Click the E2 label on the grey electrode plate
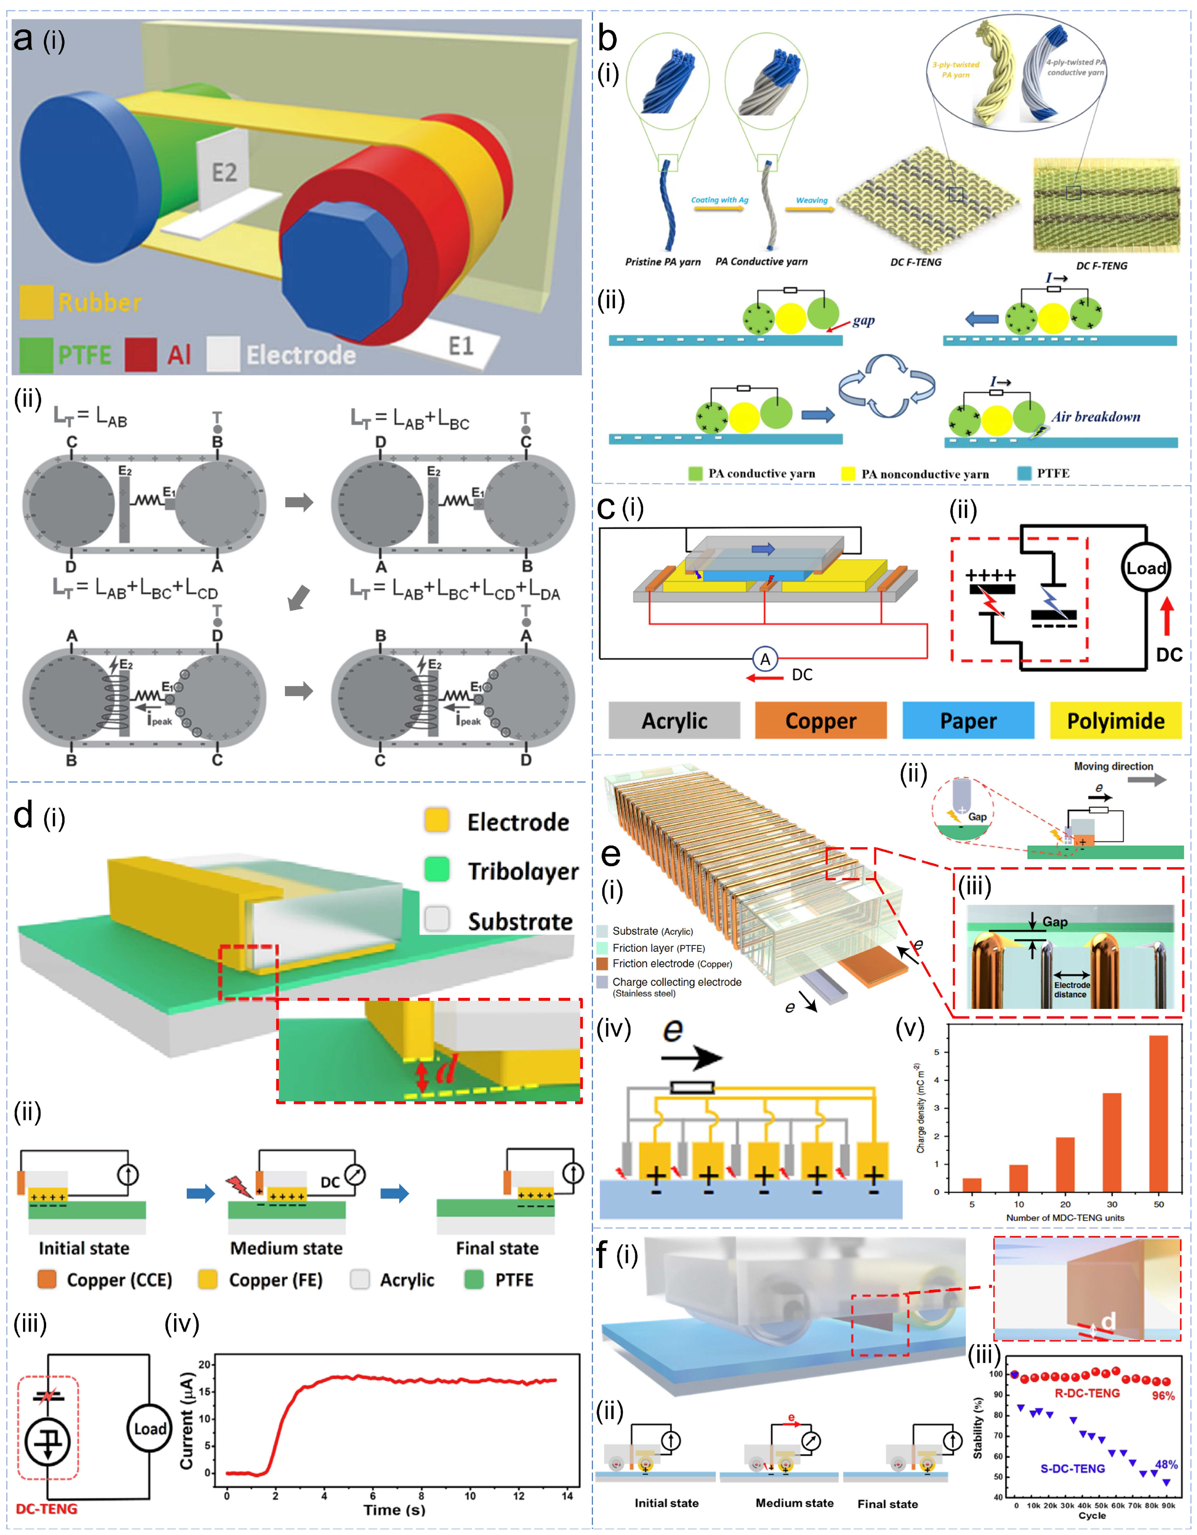(224, 172)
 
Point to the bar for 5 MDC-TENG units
(972, 1185)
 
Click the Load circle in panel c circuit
(1146, 568)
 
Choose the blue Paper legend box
(968, 720)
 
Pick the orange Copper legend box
(820, 720)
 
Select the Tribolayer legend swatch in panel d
(437, 870)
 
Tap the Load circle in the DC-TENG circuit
(150, 1429)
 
